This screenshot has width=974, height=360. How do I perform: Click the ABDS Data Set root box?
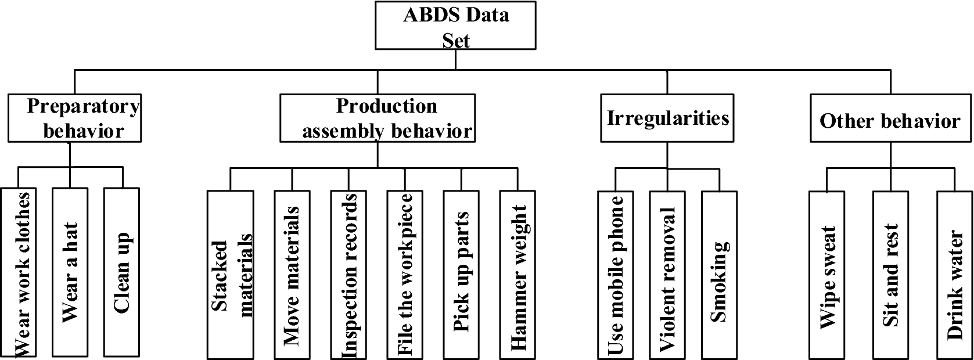[455, 26]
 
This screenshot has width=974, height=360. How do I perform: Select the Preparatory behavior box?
[75, 118]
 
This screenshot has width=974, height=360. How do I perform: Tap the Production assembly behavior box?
[378, 118]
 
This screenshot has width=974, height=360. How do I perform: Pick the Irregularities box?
[667, 118]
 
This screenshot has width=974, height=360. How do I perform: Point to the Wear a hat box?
[70, 272]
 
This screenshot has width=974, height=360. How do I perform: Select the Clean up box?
[122, 272]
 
